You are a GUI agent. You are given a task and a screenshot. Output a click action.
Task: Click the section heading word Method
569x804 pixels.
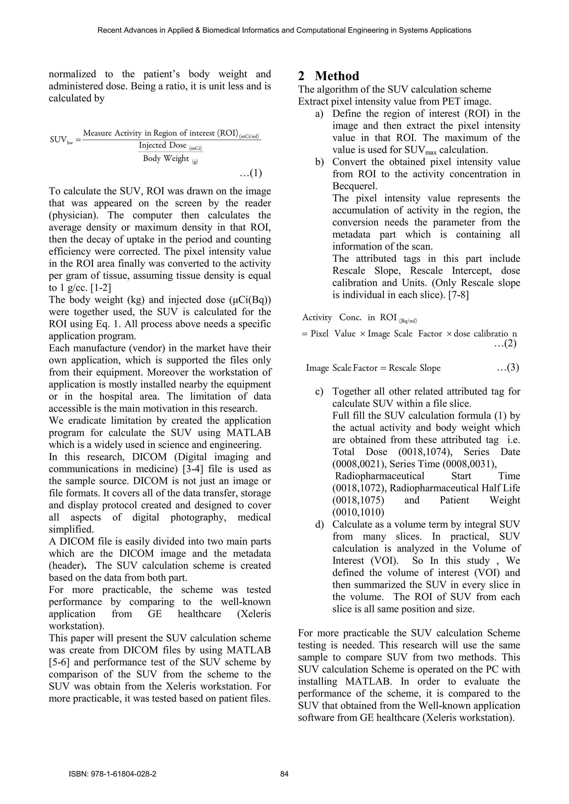click(x=337, y=76)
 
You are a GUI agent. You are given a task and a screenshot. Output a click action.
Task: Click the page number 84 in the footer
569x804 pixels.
click(x=284, y=784)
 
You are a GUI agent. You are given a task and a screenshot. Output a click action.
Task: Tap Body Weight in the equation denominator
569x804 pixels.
click(x=166, y=158)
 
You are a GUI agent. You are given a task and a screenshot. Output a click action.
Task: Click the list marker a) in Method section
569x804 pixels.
click(x=319, y=114)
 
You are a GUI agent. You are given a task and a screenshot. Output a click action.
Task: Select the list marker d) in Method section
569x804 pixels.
click(x=319, y=524)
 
